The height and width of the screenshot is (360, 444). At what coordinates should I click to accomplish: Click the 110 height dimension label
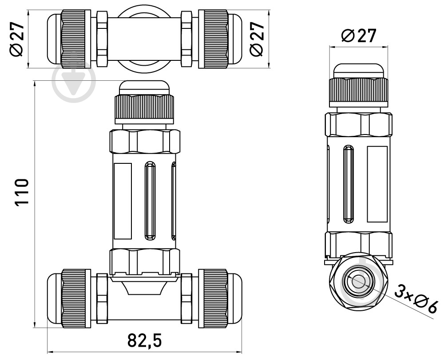pyautogui.click(x=22, y=192)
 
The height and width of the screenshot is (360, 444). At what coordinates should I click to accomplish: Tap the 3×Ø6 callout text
pyautogui.click(x=416, y=300)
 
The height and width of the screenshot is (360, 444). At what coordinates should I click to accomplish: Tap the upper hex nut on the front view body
pyautogui.click(x=144, y=141)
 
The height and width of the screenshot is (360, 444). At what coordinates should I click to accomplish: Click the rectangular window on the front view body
pyautogui.click(x=123, y=201)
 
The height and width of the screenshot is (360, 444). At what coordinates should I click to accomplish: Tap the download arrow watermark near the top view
pyautogui.click(x=74, y=80)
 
